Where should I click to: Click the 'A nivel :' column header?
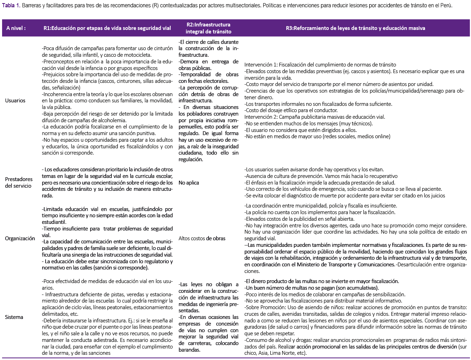16,28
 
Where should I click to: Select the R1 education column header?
107,28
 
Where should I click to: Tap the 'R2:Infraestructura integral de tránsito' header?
208,28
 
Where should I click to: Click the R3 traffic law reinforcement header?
355,28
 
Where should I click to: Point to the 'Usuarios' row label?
15,101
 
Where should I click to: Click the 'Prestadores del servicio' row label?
19,182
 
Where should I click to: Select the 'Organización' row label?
20,238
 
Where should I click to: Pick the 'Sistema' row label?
14,317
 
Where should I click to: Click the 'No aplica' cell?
189,183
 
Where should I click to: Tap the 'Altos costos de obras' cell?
202,238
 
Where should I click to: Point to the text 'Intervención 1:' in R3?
261,65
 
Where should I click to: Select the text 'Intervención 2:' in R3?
261,117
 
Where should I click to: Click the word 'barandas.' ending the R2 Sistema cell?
189,350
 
